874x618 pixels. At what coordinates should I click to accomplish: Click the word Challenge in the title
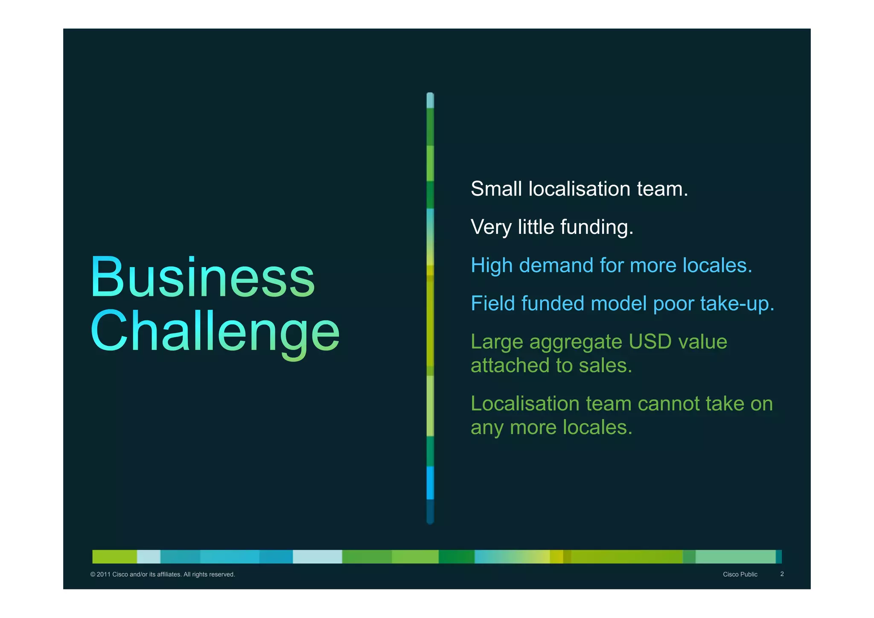click(x=215, y=332)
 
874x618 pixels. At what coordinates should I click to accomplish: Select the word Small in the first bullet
click(x=496, y=189)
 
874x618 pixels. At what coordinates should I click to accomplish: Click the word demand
click(x=556, y=265)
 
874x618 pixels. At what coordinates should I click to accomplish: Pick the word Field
click(x=492, y=303)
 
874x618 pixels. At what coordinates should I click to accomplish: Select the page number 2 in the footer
click(x=782, y=574)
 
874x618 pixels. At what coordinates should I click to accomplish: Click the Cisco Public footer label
click(x=740, y=574)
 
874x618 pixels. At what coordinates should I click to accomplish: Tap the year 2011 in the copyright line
click(x=103, y=574)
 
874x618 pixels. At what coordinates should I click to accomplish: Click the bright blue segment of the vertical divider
click(x=430, y=483)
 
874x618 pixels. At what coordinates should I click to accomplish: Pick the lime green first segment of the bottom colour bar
click(x=114, y=557)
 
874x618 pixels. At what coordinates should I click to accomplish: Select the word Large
click(x=497, y=342)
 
